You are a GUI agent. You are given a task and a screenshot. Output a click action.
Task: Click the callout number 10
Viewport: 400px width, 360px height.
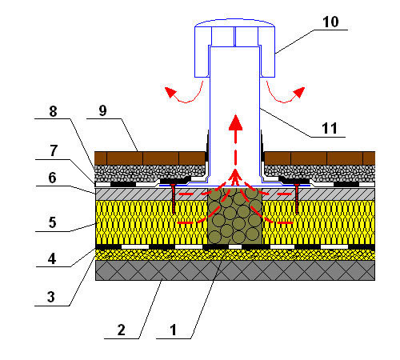330,22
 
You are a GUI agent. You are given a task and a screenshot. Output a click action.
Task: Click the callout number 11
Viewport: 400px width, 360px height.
330,128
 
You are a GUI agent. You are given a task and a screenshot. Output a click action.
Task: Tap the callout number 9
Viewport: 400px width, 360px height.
102,110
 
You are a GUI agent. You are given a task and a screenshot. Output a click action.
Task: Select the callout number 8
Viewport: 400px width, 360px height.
53,111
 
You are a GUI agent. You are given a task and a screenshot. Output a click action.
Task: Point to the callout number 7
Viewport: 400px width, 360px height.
54,150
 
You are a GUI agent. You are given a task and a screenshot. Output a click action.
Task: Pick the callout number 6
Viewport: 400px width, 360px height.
52,178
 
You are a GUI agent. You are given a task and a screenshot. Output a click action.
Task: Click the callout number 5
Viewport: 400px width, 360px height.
52,222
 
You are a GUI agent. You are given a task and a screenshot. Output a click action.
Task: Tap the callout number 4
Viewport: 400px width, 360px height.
52,258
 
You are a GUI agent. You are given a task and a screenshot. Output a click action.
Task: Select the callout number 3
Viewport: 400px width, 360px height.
51,297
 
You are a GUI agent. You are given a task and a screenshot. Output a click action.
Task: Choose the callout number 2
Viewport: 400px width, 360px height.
121,330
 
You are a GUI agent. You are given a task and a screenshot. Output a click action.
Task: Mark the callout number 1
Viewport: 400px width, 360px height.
174,330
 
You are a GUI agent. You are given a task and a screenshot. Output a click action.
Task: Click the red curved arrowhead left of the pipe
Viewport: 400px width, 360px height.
170,92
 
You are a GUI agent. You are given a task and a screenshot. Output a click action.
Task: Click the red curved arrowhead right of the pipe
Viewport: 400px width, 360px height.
299,92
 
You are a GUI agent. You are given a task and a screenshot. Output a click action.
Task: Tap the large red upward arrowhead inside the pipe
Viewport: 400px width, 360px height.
235,122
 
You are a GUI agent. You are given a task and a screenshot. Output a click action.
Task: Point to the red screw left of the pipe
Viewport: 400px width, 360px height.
174,198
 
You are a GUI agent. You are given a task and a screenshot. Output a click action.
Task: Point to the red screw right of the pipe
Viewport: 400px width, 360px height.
297,198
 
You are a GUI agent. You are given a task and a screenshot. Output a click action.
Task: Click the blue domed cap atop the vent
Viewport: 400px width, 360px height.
234,48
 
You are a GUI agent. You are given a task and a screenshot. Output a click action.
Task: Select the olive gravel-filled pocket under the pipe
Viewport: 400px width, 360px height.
234,216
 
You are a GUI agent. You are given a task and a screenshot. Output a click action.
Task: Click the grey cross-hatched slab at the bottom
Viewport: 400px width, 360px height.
235,270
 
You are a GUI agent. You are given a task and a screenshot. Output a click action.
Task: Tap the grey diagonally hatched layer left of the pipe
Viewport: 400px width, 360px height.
151,194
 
